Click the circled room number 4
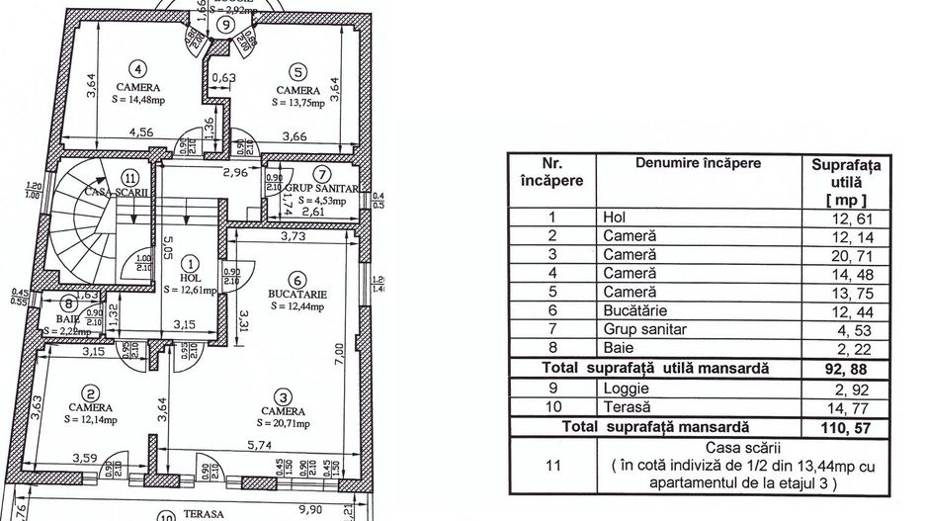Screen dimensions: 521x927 click(x=138, y=69)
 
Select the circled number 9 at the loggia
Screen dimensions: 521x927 click(x=227, y=25)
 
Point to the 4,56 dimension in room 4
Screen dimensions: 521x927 click(x=115, y=130)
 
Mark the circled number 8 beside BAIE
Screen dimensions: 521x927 click(x=68, y=304)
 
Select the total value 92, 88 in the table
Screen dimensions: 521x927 click(x=852, y=367)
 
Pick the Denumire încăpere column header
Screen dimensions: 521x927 click(x=698, y=163)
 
